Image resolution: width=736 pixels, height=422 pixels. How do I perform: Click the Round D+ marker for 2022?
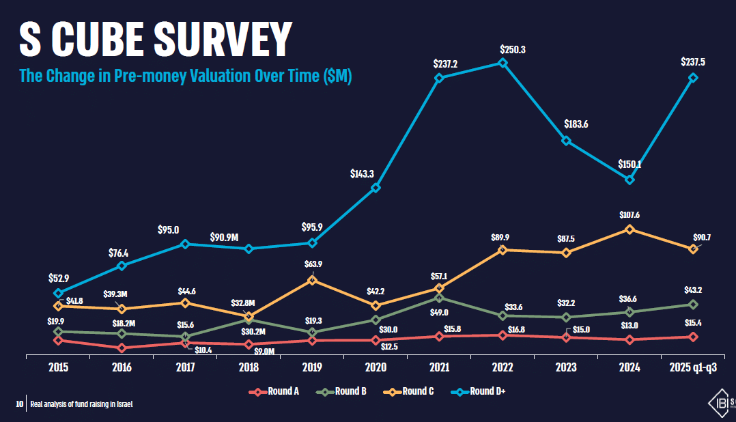503,63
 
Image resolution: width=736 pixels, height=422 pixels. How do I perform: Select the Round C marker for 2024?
629,229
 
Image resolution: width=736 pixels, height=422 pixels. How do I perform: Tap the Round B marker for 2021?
439,298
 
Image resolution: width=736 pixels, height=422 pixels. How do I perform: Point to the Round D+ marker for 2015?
58,293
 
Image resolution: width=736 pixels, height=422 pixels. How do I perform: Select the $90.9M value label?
224,238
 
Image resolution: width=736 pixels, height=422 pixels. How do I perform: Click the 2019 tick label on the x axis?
312,367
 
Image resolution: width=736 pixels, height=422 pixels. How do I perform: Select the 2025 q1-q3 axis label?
693,367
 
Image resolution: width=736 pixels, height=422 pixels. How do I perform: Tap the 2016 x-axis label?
122,367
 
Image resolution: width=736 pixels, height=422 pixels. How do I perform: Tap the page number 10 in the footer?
19,404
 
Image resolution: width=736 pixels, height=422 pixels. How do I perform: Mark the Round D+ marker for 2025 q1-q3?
693,78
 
